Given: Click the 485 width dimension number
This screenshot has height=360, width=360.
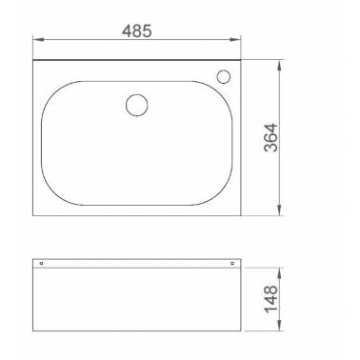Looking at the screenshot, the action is pyautogui.click(x=137, y=31).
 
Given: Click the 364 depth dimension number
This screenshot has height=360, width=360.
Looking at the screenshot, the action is pyautogui.click(x=270, y=137).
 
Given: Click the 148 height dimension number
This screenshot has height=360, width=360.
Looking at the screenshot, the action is pyautogui.click(x=270, y=299).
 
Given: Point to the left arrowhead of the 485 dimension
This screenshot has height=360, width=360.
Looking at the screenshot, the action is pyautogui.click(x=38, y=40).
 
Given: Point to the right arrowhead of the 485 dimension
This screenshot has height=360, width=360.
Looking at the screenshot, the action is pyautogui.click(x=235, y=40).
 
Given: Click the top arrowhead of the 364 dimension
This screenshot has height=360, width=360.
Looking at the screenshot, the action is pyautogui.click(x=279, y=66).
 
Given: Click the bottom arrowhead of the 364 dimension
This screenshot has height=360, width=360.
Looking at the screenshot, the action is pyautogui.click(x=279, y=210).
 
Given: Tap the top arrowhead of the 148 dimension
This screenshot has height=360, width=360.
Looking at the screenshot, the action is pyautogui.click(x=279, y=273).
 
